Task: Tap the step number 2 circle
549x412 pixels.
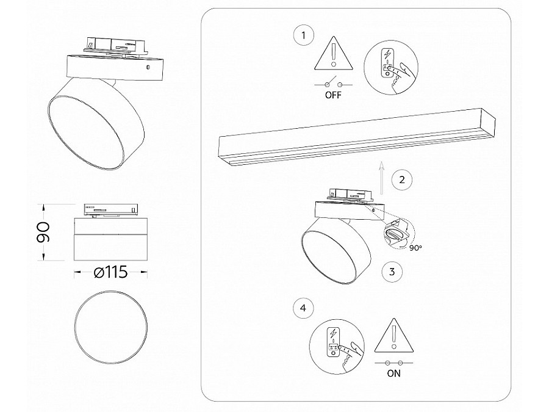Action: tap(401, 179)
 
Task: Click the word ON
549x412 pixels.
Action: tap(394, 374)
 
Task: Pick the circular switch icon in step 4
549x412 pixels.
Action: tap(334, 345)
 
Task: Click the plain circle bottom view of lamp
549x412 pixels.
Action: tap(110, 323)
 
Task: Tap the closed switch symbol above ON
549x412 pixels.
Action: tap(394, 363)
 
